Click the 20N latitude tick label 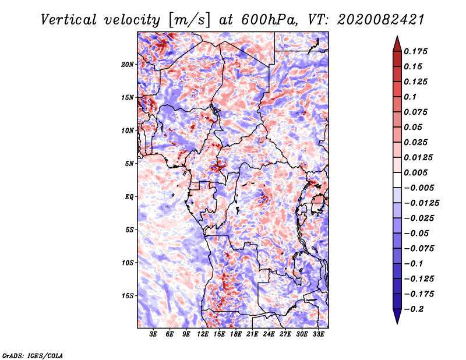[x=128, y=64]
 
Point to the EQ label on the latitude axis [x=129, y=196]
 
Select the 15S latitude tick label [x=128, y=295]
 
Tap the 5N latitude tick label [x=129, y=163]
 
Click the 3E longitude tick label [x=154, y=334]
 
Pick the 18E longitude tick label [x=236, y=334]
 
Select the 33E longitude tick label [x=318, y=334]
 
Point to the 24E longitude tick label [x=269, y=334]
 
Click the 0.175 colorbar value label [x=417, y=51]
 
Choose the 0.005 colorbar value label [x=417, y=172]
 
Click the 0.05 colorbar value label [x=414, y=127]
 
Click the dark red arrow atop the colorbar [x=397, y=43]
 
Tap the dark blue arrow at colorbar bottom [x=397, y=317]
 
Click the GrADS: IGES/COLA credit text [x=33, y=354]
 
